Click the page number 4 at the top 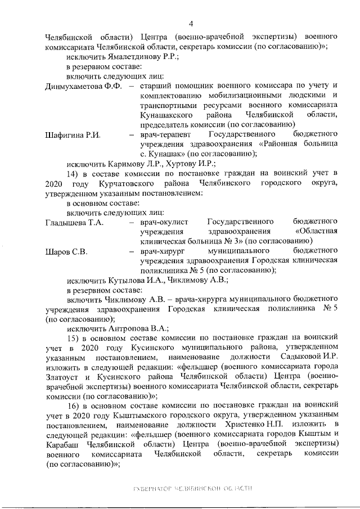(x=191, y=23)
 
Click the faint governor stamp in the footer (x=191, y=488)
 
